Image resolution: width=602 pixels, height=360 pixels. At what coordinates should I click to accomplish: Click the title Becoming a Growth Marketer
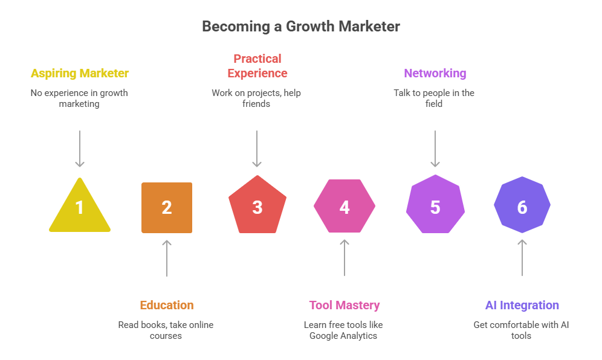300,27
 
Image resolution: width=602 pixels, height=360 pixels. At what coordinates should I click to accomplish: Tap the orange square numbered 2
167,208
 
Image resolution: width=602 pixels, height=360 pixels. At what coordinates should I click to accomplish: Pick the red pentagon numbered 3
257,207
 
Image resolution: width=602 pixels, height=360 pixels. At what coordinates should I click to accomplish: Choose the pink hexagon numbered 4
345,207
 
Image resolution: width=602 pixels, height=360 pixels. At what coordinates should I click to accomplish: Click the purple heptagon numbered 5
435,207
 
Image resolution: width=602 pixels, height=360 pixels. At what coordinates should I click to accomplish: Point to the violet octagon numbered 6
522,207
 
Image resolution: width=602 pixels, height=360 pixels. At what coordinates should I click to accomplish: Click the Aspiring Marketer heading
80,74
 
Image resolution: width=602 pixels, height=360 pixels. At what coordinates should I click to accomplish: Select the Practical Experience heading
257,66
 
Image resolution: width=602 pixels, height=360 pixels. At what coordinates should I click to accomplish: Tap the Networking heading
435,74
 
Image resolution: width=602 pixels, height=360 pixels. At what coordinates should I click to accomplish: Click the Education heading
167,305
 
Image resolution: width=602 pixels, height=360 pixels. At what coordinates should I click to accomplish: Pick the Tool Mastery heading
345,305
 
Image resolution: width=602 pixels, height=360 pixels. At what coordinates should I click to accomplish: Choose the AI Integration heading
522,305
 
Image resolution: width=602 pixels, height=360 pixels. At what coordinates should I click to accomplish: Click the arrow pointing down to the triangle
80,149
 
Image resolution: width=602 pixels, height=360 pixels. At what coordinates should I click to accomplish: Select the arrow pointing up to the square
167,258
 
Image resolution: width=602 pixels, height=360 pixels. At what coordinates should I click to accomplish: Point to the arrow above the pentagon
257,149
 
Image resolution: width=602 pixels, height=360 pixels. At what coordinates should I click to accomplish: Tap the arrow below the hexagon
345,258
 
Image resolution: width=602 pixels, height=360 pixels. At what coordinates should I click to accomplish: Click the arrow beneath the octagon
522,258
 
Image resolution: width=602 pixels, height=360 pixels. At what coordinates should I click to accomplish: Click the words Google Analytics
343,336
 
